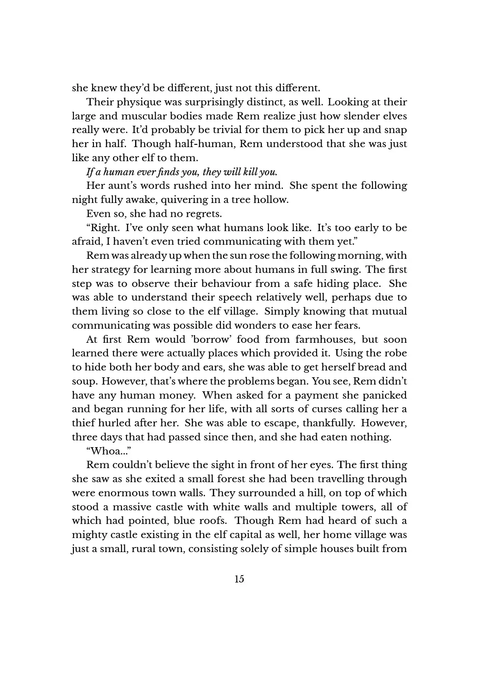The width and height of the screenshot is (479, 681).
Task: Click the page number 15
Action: (239, 579)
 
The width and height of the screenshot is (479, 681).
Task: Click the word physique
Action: (135, 103)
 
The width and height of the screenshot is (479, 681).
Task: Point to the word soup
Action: (83, 381)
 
